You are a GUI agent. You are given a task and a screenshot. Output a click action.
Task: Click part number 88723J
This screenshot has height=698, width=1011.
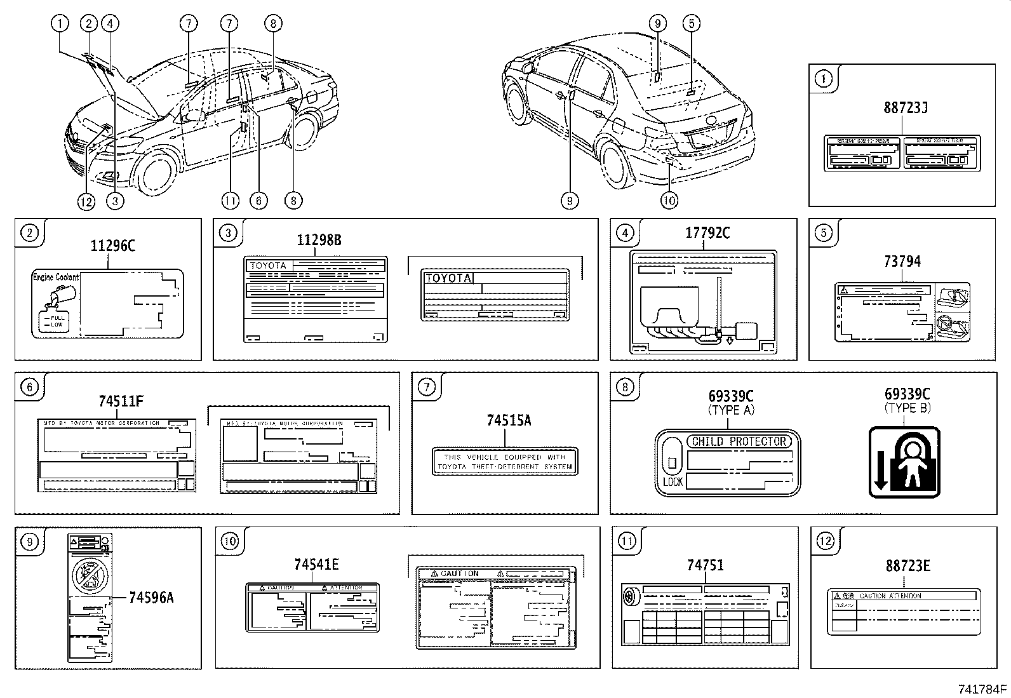point(906,107)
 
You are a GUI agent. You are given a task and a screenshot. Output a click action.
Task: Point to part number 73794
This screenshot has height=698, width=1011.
point(902,261)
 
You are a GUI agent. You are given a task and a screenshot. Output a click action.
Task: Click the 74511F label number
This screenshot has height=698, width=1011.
point(121,401)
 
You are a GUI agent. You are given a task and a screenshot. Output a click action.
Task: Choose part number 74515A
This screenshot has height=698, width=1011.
point(509,420)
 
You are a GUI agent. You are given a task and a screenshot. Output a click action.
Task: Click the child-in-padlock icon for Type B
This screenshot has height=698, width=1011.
point(904,462)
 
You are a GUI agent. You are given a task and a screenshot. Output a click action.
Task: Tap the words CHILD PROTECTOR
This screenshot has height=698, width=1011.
point(739,441)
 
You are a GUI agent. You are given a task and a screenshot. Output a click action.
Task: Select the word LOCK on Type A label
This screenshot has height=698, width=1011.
point(672,482)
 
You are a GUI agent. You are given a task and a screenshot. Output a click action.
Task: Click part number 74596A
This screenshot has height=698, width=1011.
point(151,598)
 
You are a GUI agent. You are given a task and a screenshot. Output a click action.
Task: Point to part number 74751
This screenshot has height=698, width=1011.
point(705,565)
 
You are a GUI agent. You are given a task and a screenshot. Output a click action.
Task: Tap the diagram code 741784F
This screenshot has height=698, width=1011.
point(982,688)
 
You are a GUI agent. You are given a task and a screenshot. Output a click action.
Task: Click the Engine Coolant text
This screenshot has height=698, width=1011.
point(56,277)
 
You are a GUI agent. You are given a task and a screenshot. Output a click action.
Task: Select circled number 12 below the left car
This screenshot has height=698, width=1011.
point(86,201)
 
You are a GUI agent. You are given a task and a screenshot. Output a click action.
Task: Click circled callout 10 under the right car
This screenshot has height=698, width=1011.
point(669,201)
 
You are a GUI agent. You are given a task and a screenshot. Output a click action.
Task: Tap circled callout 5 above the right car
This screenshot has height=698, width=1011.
point(691,24)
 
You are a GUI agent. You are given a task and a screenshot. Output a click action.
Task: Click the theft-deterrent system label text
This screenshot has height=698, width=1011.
point(505,462)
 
